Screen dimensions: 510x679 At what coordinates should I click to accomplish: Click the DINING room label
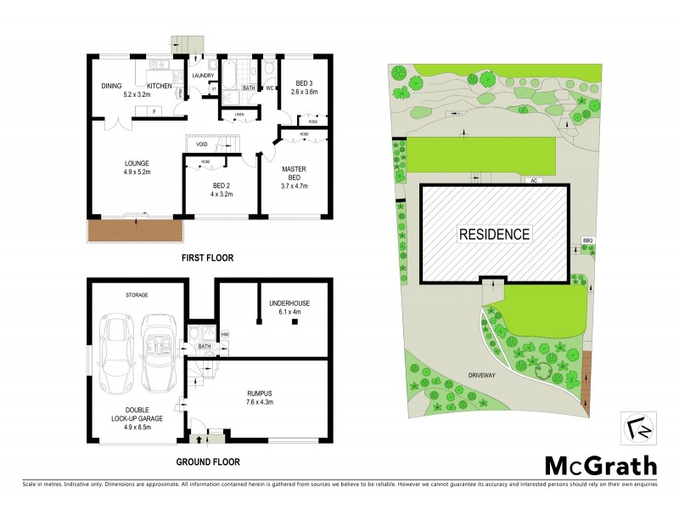(111, 86)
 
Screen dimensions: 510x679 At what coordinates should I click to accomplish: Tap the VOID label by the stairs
(202, 144)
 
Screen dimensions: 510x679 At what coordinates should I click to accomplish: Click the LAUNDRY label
(203, 76)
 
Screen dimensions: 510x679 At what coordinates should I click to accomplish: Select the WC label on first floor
(268, 88)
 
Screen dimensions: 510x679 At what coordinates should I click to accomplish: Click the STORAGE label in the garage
(137, 295)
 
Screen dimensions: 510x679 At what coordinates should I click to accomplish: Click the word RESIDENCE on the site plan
(494, 234)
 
